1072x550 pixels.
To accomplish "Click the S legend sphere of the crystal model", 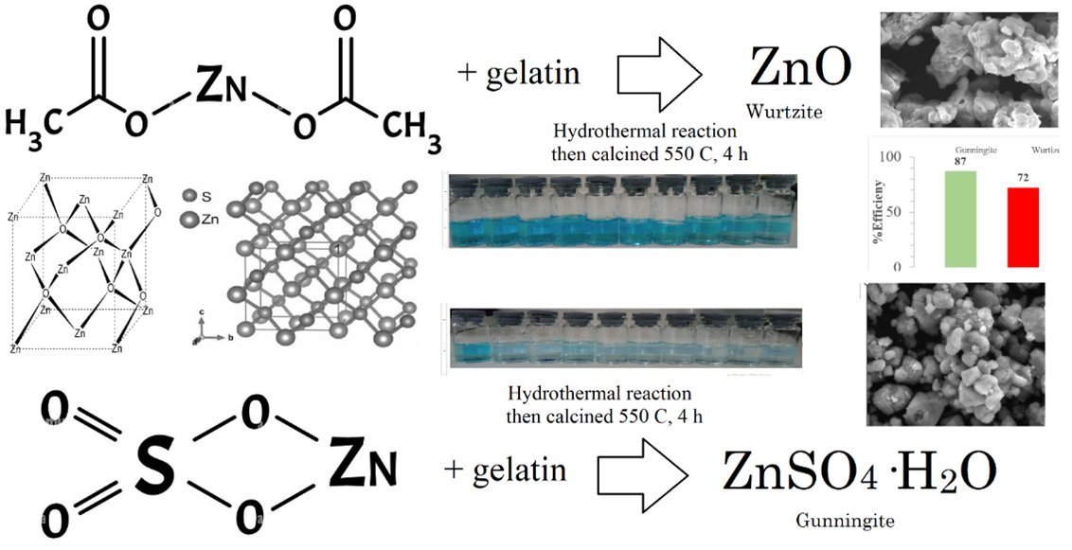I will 189,197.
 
